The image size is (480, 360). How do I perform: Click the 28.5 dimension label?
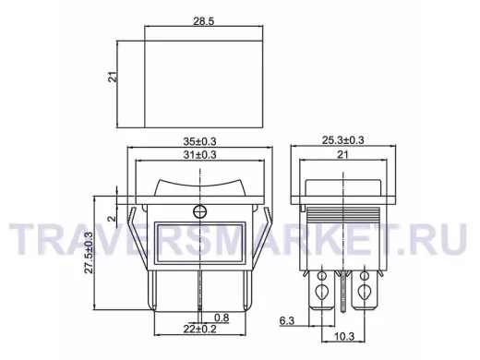coord(203,21)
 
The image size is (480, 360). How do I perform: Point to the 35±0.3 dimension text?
coord(199,141)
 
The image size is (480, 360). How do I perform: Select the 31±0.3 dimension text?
coord(199,154)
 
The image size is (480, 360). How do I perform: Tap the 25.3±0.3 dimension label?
coord(342,140)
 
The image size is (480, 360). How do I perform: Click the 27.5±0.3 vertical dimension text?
coord(89,252)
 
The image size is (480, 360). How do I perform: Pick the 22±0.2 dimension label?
coord(199,329)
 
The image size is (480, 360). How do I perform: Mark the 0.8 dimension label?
coord(222,318)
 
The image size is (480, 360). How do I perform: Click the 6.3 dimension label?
coord(287,320)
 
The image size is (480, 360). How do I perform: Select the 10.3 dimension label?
coord(344,336)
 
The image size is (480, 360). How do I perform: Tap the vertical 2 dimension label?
coord(113,219)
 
